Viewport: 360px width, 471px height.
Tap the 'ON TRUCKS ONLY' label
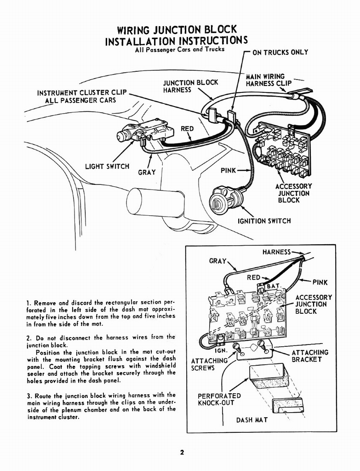(x=280, y=52)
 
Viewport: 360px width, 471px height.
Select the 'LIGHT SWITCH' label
(x=107, y=166)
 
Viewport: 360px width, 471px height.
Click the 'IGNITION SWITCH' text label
(x=264, y=221)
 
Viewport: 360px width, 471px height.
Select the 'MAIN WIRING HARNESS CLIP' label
(x=269, y=80)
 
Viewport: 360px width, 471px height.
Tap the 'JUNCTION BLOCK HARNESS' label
(x=190, y=86)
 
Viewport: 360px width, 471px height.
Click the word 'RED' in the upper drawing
(x=187, y=129)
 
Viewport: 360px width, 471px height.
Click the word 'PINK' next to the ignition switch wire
(x=228, y=171)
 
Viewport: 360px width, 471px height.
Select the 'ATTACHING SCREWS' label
(x=209, y=364)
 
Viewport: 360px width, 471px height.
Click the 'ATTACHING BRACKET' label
(x=310, y=356)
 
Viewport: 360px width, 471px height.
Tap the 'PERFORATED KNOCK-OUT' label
(x=219, y=399)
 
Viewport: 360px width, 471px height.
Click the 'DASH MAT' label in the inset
(x=251, y=420)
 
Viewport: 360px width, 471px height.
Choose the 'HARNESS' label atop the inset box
(x=276, y=252)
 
